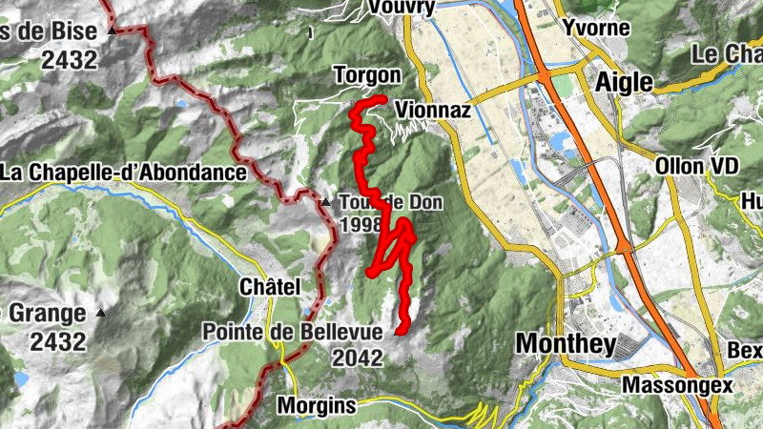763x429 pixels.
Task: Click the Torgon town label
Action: click(367, 74)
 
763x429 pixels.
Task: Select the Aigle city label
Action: click(624, 82)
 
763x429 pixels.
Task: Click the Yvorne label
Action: click(596, 27)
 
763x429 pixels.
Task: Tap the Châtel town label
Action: click(270, 287)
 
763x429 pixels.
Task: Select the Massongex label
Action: click(677, 385)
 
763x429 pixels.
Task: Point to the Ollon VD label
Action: click(697, 166)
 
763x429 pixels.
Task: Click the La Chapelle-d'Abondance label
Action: click(124, 173)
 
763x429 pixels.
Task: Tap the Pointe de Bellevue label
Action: click(292, 331)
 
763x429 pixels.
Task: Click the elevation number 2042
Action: click(358, 358)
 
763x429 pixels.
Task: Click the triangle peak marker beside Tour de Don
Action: click(325, 202)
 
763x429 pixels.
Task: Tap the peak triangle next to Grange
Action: click(101, 313)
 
